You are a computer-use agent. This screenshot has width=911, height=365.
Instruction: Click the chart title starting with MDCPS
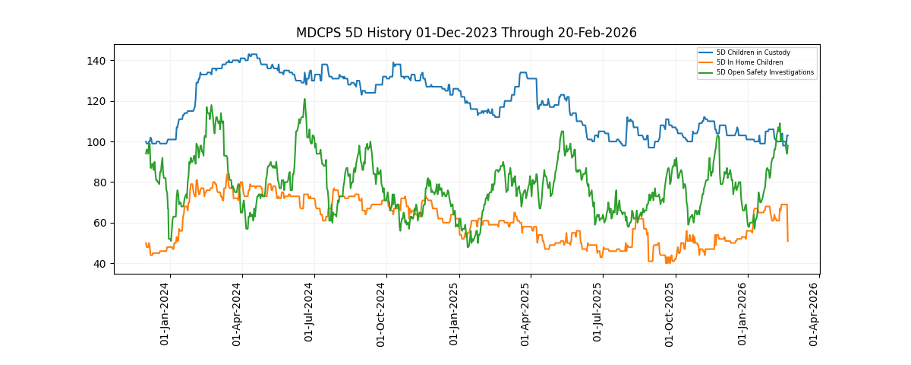pos(466,33)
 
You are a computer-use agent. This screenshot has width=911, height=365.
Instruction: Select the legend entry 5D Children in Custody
pos(753,52)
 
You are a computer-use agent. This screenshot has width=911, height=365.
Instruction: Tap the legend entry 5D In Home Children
pos(749,62)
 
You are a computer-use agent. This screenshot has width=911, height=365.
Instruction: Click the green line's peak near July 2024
pos(304,99)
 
